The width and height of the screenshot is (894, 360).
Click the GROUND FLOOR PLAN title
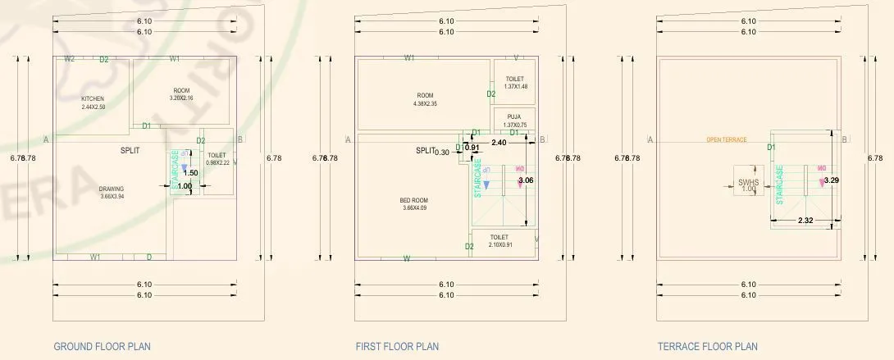point(102,347)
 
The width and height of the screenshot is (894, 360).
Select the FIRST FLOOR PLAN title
point(397,347)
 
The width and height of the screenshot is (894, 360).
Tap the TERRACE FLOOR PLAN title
point(707,347)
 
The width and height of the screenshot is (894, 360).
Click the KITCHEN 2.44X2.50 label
point(93,103)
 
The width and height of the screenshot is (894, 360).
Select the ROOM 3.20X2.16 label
point(181,94)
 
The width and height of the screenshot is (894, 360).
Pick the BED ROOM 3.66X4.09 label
point(413,203)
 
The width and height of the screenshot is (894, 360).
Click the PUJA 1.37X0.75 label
point(515,121)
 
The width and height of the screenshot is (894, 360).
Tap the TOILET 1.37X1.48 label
point(515,83)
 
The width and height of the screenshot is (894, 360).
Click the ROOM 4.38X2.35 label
point(425,99)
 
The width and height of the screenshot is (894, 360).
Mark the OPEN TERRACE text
point(727,140)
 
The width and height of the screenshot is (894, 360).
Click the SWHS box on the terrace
point(748,185)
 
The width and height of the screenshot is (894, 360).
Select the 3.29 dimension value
point(832,180)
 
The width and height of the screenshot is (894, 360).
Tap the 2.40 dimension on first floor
point(498,143)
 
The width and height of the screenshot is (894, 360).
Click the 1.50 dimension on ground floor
point(190,173)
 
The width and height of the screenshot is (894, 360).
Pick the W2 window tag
point(70,59)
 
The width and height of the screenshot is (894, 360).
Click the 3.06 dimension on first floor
point(527,180)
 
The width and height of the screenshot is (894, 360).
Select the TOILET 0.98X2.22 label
point(217,159)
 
